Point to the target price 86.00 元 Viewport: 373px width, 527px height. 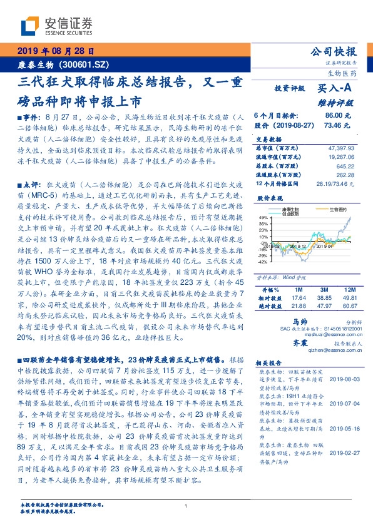click(x=338, y=116)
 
